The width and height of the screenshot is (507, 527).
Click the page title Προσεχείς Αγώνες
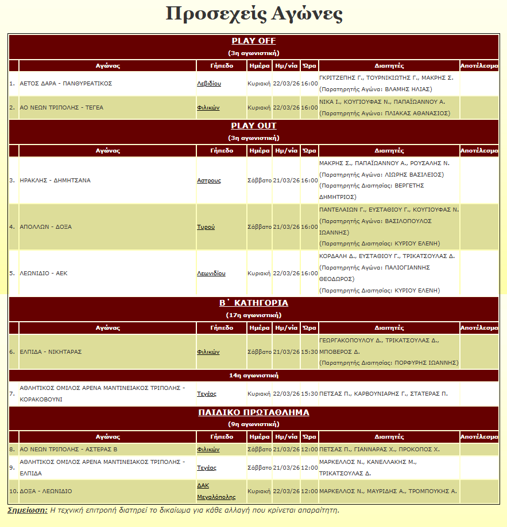point(254,14)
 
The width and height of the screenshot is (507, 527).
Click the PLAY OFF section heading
point(254,41)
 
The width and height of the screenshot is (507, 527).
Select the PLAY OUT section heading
point(254,126)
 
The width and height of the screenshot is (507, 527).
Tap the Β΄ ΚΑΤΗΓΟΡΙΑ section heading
point(254,303)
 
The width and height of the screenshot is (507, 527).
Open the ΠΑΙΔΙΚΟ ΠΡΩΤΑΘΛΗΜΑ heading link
point(254,412)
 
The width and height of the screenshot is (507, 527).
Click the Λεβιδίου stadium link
point(209,84)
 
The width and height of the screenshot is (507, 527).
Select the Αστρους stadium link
point(209,180)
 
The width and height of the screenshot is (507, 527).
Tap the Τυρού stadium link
point(206,227)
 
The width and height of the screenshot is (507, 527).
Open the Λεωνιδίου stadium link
point(211,273)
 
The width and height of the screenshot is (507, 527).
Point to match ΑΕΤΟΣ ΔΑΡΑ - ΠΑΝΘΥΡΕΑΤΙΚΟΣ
point(65,84)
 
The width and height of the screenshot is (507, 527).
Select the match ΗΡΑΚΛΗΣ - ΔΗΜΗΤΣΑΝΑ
point(55,180)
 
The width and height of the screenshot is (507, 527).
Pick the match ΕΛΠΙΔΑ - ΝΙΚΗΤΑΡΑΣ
point(51,352)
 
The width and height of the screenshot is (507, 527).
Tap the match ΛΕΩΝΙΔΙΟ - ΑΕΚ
point(44,273)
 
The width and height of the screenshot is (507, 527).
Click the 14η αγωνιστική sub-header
point(254,376)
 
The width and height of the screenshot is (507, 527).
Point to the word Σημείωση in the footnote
point(27,510)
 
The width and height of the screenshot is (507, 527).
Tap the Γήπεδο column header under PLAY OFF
point(221,65)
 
